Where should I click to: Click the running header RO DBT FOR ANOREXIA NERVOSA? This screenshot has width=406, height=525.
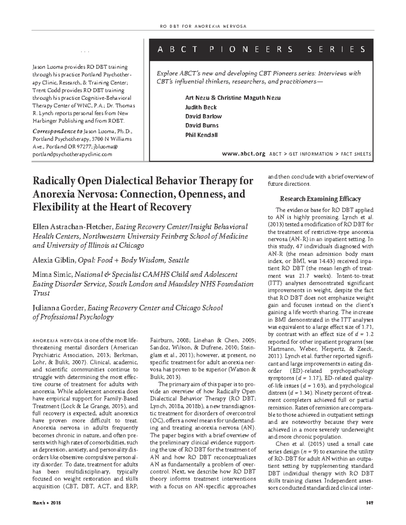click(x=202, y=26)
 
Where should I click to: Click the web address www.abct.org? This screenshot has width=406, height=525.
click(x=244, y=154)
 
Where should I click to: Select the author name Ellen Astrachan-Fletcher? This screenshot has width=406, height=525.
click(x=73, y=227)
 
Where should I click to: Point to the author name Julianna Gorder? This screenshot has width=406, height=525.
click(x=59, y=308)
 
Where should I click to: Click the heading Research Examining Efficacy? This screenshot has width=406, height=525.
click(x=320, y=199)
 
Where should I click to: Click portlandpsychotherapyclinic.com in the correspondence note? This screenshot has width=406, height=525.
click(x=72, y=154)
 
